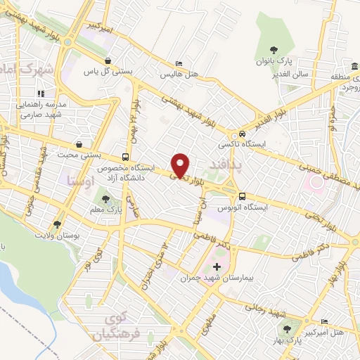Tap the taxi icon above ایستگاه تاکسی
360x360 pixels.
click(x=241, y=134)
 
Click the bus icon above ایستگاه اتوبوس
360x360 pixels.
click(x=242, y=197)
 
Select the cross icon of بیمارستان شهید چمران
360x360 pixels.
click(x=217, y=267)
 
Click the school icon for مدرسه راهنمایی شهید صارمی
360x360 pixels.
click(x=41, y=93)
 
